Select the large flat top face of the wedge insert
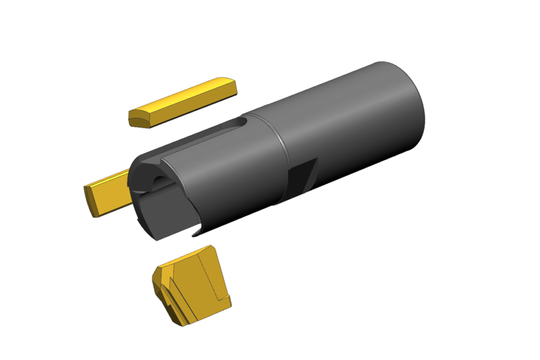pyautogui.click(x=198, y=274)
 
